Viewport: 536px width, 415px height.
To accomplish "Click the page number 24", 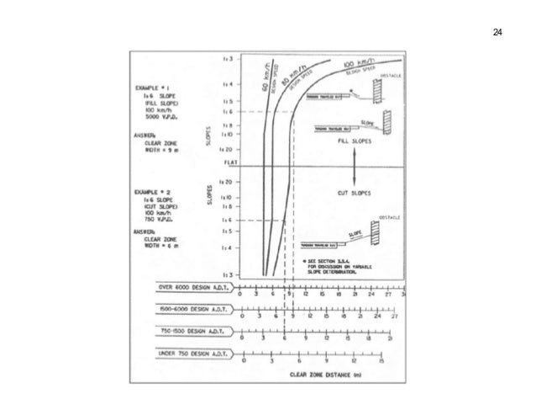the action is click(497, 32).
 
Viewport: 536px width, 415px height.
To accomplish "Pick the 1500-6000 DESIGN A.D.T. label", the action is click(192, 309).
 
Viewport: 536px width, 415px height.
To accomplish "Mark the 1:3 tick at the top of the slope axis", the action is click(228, 60).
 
